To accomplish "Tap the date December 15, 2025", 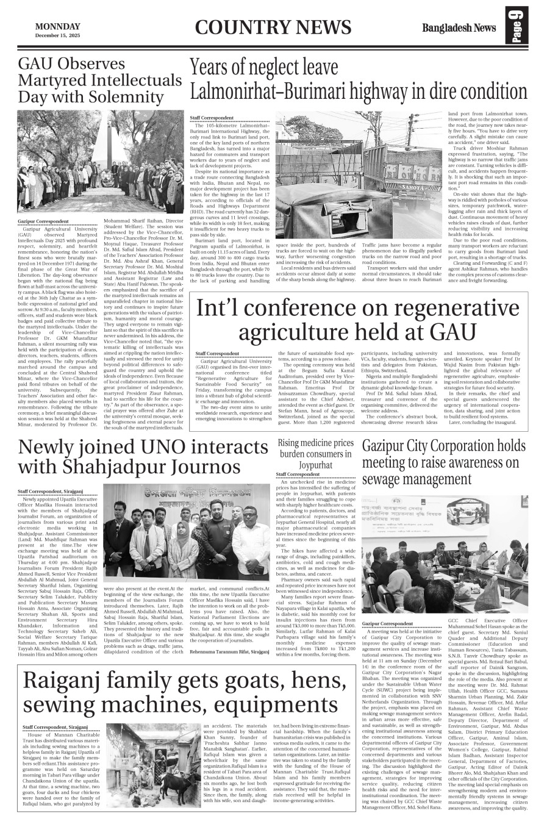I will click(x=57, y=35).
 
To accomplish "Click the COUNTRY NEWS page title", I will click(x=274, y=28).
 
